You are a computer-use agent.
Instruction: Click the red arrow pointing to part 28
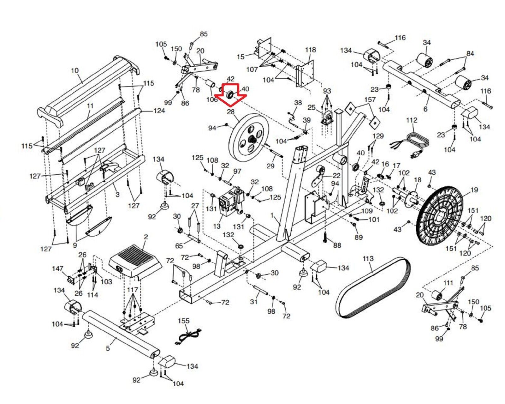coord(231,94)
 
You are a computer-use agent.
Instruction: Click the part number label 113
coord(368,259)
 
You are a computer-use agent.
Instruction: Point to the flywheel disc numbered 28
coord(248,137)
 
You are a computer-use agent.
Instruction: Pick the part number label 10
coord(75,70)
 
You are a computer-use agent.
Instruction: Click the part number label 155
coord(184,321)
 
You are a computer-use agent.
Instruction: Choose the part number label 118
coord(310,50)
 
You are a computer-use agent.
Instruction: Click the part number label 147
coord(58,268)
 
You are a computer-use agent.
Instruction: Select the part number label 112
coord(412,120)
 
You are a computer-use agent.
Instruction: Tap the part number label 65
coord(179,246)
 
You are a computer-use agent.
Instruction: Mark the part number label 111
coord(448,283)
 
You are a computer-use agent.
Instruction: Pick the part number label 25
coord(312,108)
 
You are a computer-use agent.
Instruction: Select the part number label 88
coord(337,245)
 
